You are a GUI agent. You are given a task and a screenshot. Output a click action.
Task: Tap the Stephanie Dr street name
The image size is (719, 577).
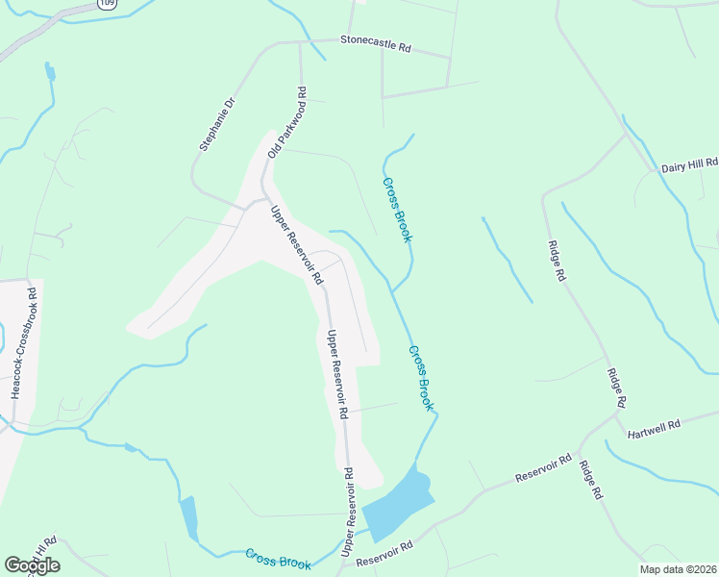[217, 124]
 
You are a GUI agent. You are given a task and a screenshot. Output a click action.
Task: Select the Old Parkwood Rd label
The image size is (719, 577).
[287, 123]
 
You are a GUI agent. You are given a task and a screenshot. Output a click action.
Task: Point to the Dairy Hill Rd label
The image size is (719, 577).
[689, 166]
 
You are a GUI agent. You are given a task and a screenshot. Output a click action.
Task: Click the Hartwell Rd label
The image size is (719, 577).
[654, 429]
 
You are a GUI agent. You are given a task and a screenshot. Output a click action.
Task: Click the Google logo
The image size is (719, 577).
[32, 564]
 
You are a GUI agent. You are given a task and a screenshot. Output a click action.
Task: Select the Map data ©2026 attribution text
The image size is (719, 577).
[678, 569]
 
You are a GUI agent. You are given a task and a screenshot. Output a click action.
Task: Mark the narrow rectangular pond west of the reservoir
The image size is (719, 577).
[188, 517]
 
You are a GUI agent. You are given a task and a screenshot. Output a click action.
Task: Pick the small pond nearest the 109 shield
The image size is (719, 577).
[49, 71]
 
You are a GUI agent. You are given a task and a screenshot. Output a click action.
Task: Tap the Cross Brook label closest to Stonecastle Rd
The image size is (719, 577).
[397, 210]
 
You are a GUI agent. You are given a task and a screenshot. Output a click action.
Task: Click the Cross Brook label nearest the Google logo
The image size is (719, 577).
[278, 559]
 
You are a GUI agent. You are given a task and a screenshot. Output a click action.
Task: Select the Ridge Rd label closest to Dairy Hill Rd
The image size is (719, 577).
[557, 261]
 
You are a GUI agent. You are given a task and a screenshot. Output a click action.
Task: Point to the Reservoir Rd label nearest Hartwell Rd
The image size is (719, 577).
[543, 468]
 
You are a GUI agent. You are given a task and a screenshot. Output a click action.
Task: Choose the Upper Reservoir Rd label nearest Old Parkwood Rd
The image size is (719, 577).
[295, 245]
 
